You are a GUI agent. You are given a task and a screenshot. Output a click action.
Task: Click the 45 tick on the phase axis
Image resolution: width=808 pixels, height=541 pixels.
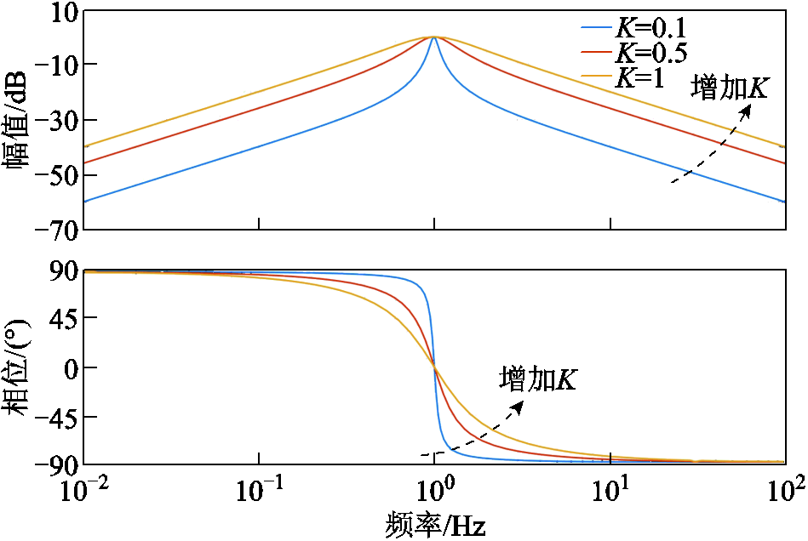[x=63, y=318]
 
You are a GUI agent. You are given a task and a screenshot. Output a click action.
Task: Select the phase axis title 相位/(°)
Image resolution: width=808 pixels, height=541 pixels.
[x=17, y=367]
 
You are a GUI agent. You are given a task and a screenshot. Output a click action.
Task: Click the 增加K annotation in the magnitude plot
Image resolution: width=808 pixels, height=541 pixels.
[x=730, y=88]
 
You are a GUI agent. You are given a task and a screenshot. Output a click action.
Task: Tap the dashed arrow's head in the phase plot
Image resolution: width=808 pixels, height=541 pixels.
[x=519, y=405]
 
